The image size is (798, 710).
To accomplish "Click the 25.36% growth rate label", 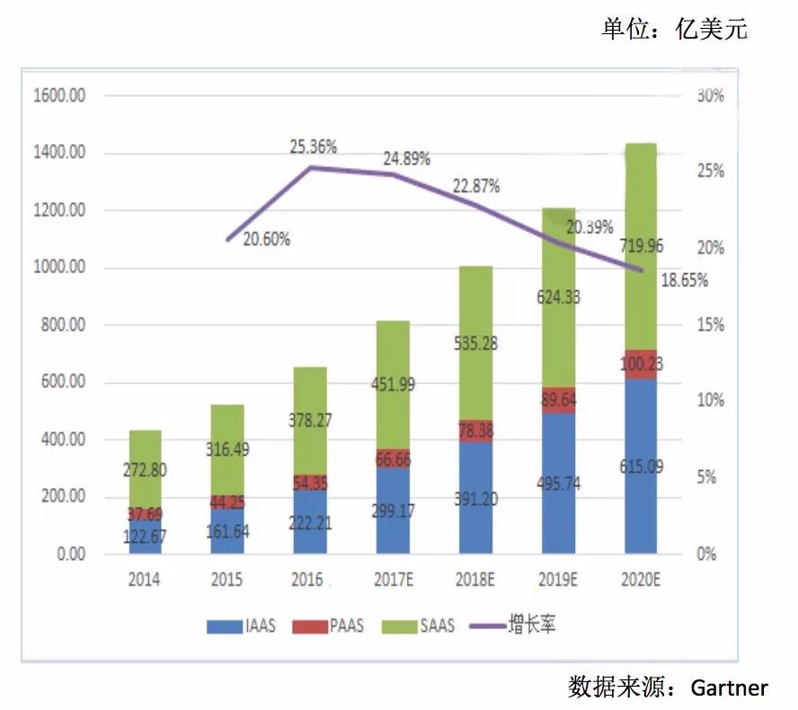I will coord(313,146).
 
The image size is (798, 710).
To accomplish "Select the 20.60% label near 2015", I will coord(266,239).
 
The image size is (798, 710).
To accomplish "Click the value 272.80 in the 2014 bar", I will coord(144,469).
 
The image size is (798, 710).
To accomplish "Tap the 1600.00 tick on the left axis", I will coord(58,95).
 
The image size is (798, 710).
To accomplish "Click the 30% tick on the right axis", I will coord(710,95).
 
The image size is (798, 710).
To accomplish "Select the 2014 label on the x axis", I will coord(144,580).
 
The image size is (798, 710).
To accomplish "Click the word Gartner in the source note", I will coord(729,688).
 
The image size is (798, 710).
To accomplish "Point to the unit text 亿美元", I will coord(711,29).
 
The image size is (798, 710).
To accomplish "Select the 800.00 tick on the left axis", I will coord(58,325).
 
